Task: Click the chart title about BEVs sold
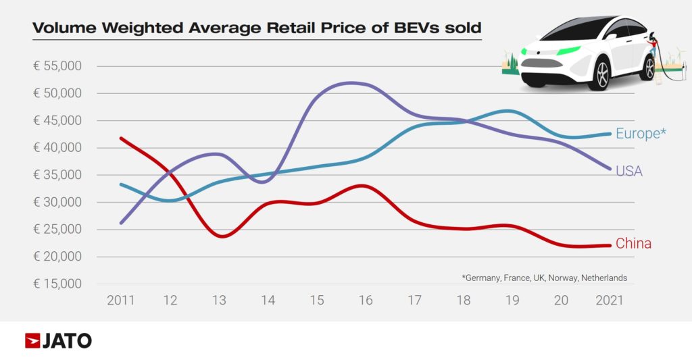(x=257, y=28)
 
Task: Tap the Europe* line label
(x=637, y=134)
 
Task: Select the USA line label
(x=628, y=172)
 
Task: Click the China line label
(x=633, y=244)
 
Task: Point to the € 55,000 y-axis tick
(x=57, y=66)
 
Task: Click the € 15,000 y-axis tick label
(x=57, y=284)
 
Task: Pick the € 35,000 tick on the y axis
(x=57, y=175)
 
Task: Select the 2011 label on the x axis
(x=120, y=300)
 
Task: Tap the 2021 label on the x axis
(x=610, y=300)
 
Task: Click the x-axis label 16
(x=366, y=300)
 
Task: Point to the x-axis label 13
(x=219, y=300)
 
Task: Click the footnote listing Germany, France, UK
(x=544, y=278)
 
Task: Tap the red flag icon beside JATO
(x=32, y=341)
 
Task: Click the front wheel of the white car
(x=599, y=73)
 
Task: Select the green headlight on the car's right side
(x=570, y=51)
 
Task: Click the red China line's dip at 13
(x=221, y=236)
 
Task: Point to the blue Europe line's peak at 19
(x=510, y=110)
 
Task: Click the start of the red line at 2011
(x=121, y=138)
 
